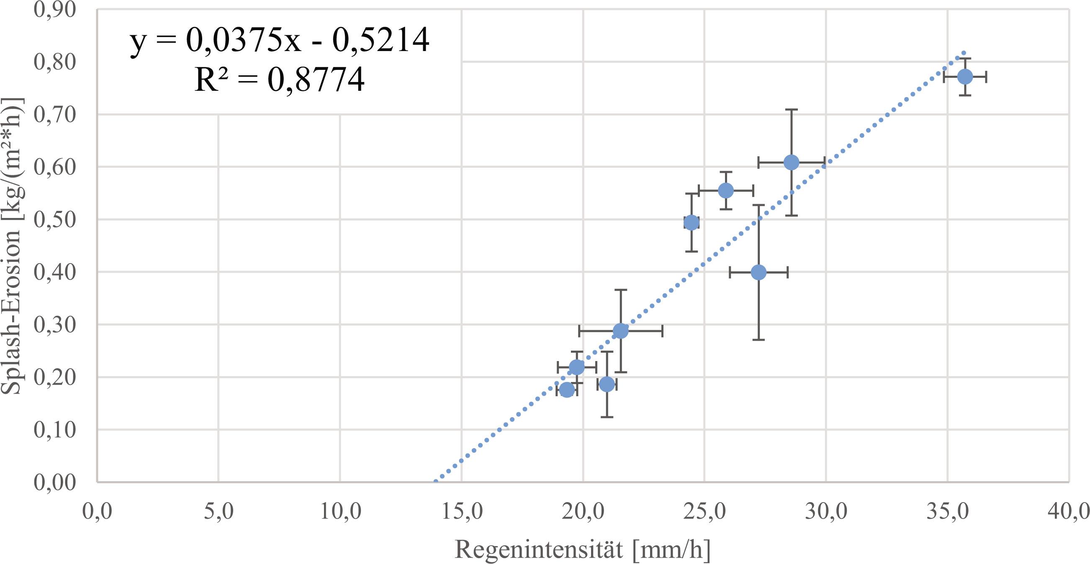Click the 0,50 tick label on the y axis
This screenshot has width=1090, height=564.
(54, 219)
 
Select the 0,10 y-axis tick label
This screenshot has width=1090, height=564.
(54, 430)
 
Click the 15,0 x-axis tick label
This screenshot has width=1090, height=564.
(462, 512)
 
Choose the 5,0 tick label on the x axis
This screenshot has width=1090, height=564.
(219, 512)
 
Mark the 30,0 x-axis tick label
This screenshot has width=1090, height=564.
(826, 512)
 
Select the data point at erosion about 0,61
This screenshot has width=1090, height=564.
(791, 162)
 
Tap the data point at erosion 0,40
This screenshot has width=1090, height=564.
(758, 273)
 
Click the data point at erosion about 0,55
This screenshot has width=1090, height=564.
(726, 191)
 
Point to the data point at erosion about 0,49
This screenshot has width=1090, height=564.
(692, 223)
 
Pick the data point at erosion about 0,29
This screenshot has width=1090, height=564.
(620, 331)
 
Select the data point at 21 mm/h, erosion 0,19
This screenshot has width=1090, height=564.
(607, 385)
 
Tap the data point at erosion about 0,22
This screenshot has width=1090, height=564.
(577, 367)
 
